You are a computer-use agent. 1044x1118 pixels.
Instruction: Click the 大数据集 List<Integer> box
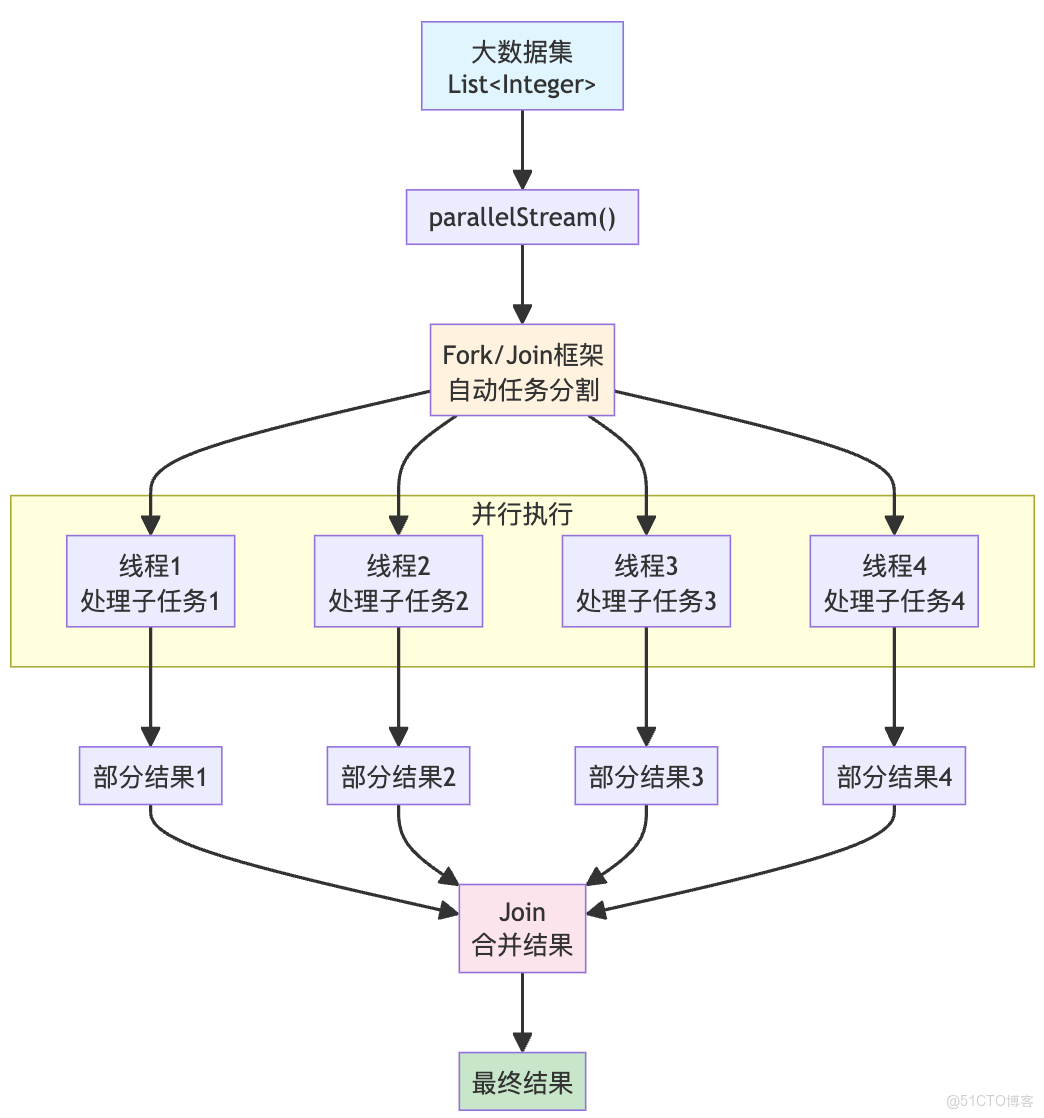[x=522, y=66]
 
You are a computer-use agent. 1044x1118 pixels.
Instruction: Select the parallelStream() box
[x=522, y=218]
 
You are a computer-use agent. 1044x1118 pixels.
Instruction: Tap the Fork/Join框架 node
[x=522, y=370]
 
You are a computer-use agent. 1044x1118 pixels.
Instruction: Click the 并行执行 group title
[x=522, y=514]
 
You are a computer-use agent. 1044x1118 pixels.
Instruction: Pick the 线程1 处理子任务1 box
[x=151, y=582]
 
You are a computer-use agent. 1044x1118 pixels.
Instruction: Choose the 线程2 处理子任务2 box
[x=398, y=582]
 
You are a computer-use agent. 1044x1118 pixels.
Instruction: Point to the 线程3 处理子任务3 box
[x=646, y=582]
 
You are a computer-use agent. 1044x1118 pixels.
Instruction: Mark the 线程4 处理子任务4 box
[x=894, y=582]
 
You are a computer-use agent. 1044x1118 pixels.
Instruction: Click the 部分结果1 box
[x=151, y=777]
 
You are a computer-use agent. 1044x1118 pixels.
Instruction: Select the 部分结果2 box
[x=398, y=777]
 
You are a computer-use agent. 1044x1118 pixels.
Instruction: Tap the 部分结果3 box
[x=646, y=777]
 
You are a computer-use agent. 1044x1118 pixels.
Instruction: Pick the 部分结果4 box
[x=894, y=777]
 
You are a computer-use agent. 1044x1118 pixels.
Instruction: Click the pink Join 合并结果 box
[x=522, y=928]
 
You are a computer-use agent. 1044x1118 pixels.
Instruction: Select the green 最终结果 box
[x=522, y=1082]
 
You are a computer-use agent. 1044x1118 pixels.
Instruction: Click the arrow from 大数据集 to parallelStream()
[x=522, y=150]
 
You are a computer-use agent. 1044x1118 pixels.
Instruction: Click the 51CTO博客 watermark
[x=991, y=1101]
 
